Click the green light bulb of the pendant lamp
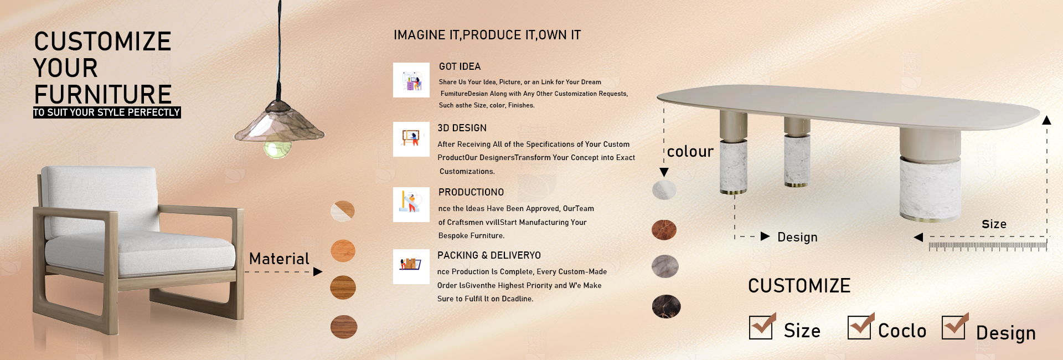[277, 148]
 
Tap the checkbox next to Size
[761, 327]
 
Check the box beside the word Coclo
[860, 326]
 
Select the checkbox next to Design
[954, 326]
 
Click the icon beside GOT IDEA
[411, 80]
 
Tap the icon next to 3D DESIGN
[411, 140]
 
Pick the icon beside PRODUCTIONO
[411, 205]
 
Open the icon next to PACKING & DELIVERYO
[411, 266]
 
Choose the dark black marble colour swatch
[666, 306]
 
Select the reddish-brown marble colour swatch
[664, 230]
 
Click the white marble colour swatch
[664, 190]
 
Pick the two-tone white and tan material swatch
[343, 211]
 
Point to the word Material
[279, 259]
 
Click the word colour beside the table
[690, 152]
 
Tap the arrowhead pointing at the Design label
[765, 236]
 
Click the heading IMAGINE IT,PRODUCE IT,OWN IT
[487, 35]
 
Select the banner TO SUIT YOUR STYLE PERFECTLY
[107, 112]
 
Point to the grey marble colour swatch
[665, 266]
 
